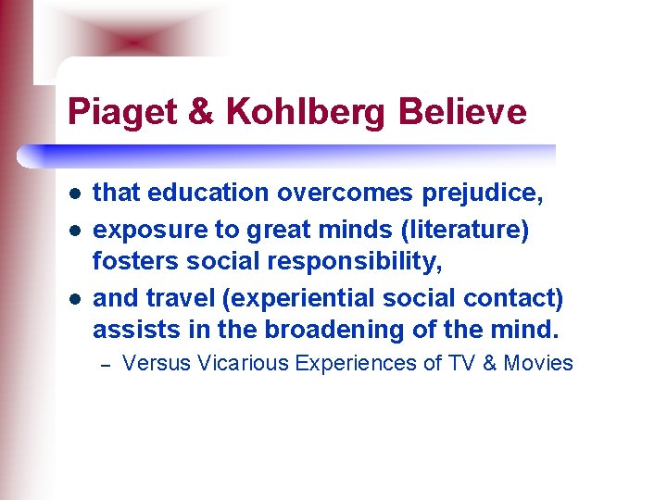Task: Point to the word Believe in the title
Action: coord(464,112)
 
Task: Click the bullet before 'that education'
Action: coord(73,194)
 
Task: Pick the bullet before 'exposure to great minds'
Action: coord(73,229)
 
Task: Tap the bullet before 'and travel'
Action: coord(73,298)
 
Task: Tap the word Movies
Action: coord(539,363)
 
